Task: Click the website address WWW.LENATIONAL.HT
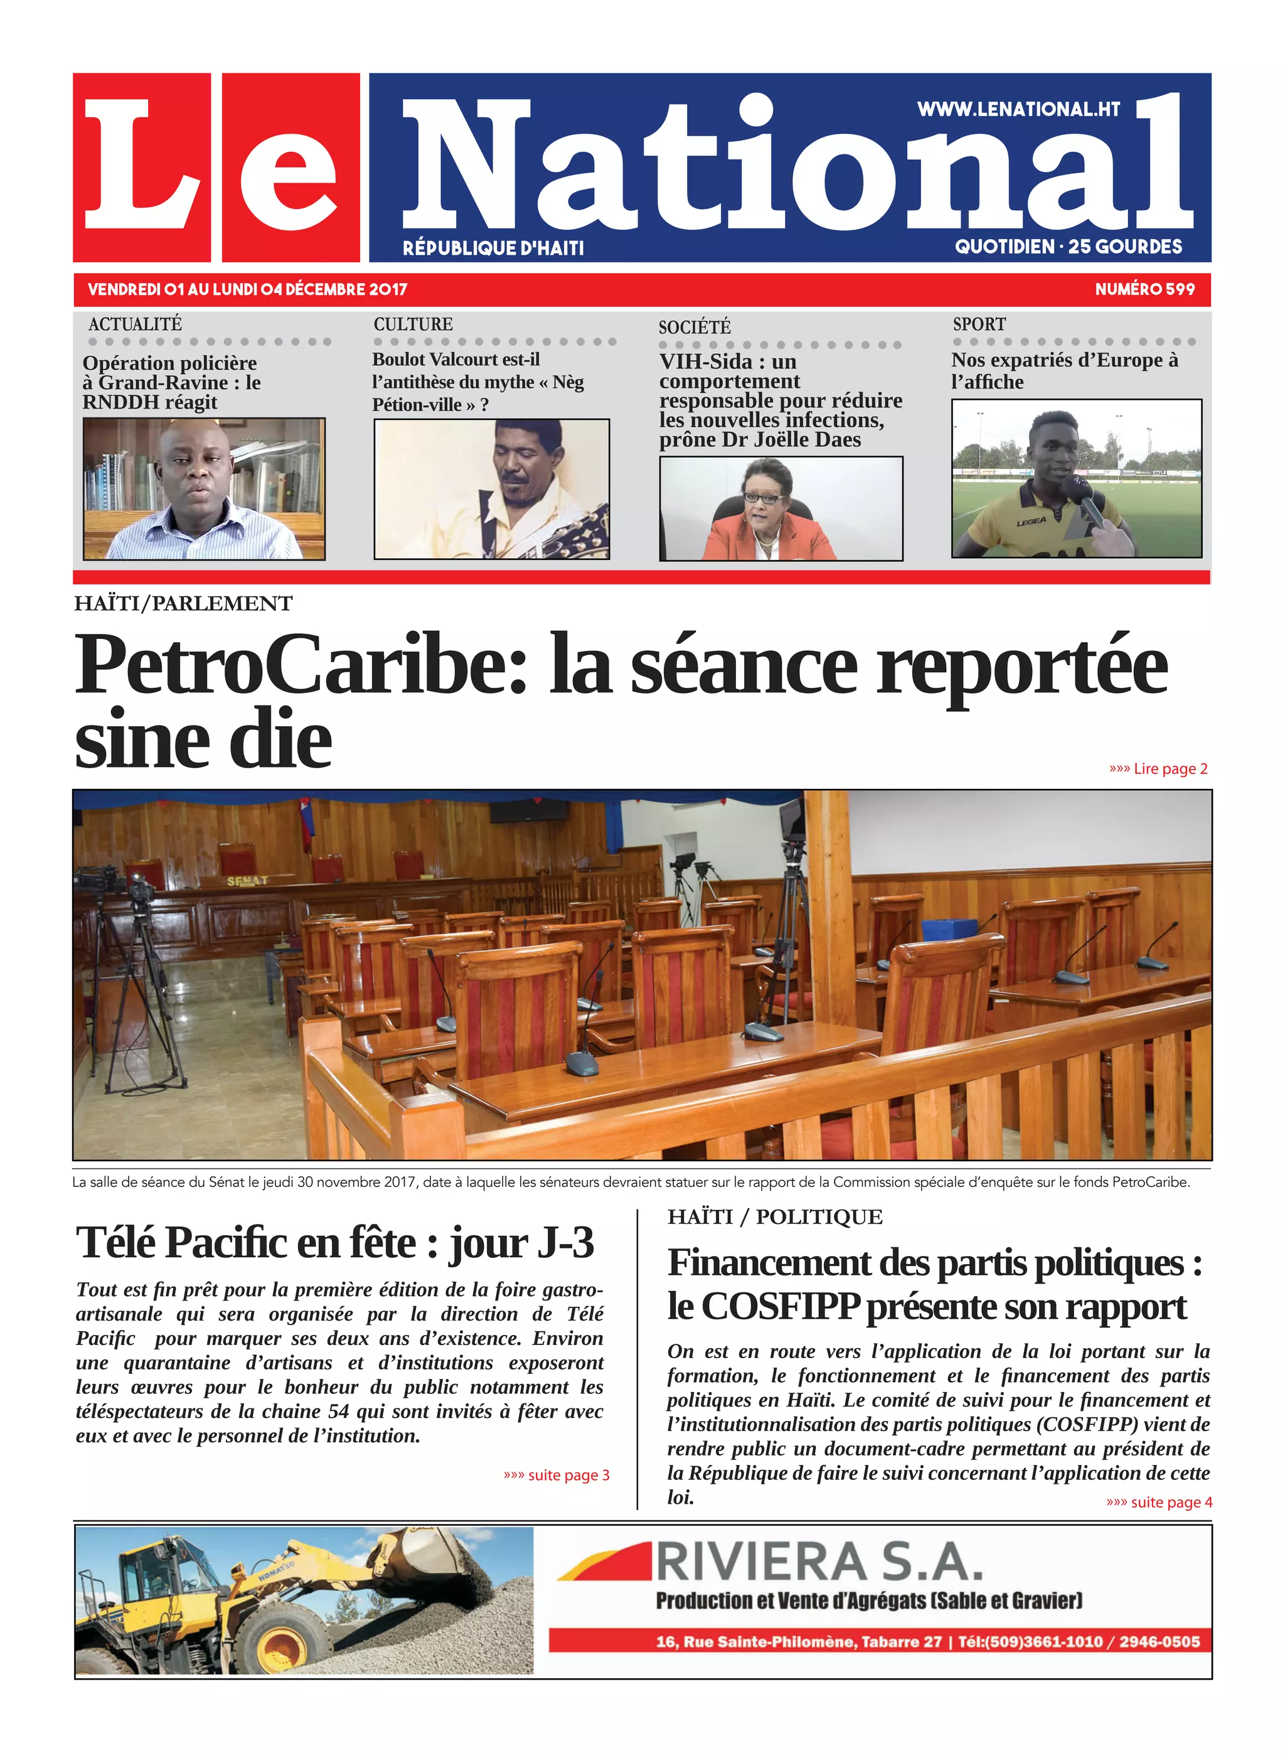1018,110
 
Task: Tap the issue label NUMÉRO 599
1144,289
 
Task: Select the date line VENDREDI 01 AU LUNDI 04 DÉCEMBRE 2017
247,289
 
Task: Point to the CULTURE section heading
412,324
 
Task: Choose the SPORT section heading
979,324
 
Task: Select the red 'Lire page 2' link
1159,769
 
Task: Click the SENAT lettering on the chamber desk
247,882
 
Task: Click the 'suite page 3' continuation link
557,1475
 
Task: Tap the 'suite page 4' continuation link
1159,1503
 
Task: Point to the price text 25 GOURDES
1125,247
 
